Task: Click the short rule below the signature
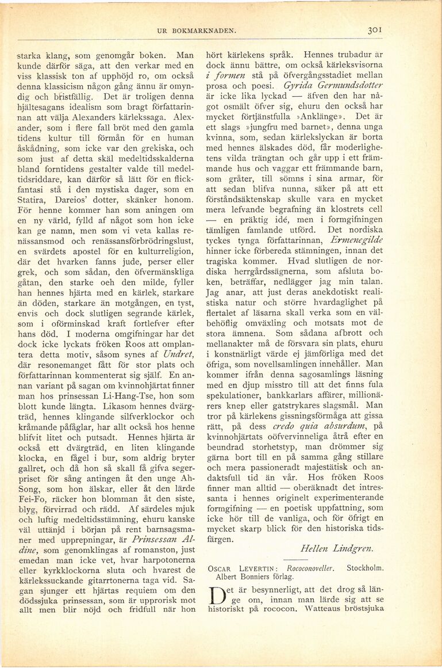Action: coord(313,564)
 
